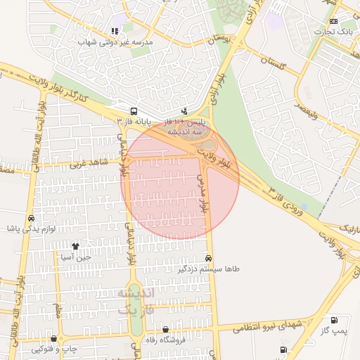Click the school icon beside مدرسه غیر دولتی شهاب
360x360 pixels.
tap(114, 31)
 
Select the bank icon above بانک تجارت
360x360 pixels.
tap(342, 21)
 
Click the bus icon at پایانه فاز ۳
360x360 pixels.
tap(133, 111)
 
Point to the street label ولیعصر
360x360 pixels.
tap(309, 111)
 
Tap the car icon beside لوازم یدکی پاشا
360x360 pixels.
tap(30, 218)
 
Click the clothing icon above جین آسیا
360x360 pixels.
tap(76, 246)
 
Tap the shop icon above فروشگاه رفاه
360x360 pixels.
tap(165, 329)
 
